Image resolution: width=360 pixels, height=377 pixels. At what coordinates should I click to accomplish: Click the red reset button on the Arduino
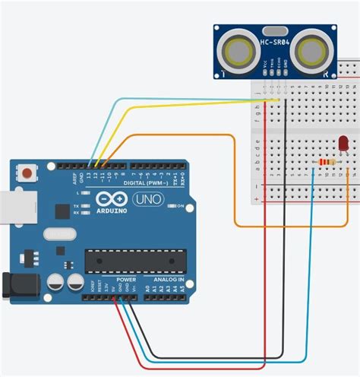tap(28, 173)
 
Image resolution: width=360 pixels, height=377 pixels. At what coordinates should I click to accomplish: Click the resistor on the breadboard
tap(328, 161)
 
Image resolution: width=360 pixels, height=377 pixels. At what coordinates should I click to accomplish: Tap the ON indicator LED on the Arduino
tap(170, 206)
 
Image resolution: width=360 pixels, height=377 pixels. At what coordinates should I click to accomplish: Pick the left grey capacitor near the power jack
tap(57, 283)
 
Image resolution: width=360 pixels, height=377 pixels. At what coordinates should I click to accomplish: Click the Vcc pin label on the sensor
tap(264, 67)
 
